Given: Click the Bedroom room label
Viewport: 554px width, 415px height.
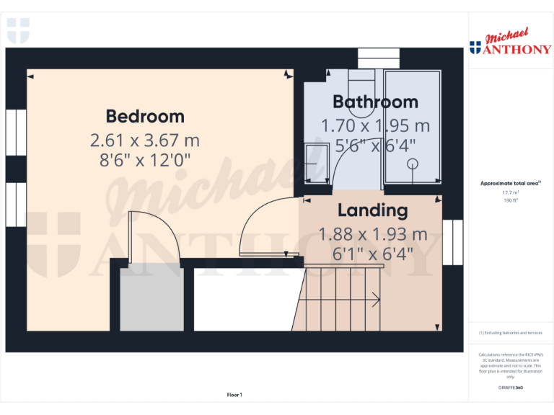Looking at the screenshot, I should click(x=145, y=116).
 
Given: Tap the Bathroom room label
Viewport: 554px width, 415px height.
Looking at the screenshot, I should click(x=375, y=102).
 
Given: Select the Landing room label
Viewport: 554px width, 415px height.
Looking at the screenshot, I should click(x=372, y=210).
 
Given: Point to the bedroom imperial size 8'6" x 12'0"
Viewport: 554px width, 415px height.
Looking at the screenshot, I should click(x=145, y=160).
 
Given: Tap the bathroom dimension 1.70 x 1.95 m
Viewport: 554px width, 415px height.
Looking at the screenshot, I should click(x=375, y=125).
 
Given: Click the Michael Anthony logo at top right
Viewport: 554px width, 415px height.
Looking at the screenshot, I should click(x=511, y=43).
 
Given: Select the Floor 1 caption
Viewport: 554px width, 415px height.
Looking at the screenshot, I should click(x=234, y=395).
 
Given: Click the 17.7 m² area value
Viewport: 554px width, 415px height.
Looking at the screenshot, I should click(x=511, y=192).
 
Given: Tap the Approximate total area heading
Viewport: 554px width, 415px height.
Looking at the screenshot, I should click(x=510, y=184).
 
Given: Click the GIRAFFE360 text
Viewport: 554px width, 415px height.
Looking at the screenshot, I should click(x=511, y=388).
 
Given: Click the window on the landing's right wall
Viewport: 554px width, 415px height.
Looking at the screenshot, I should click(x=453, y=243).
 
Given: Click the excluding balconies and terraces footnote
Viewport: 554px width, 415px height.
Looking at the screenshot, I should click(x=511, y=333).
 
